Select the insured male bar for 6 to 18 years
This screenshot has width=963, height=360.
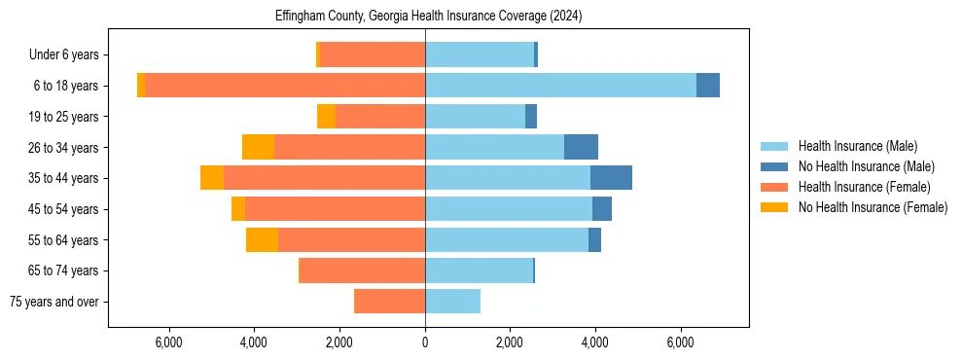[560, 86]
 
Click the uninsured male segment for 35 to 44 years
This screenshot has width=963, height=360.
[611, 178]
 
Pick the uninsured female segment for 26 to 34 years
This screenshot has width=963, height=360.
[258, 147]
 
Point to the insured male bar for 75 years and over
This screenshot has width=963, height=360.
[452, 302]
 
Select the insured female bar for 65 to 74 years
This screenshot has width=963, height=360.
[362, 270]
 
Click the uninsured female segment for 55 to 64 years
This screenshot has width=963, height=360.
[262, 239]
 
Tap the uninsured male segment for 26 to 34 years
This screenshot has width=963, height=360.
[581, 147]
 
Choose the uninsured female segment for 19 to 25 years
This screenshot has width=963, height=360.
[326, 117]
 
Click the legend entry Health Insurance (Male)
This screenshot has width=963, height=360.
[857, 146]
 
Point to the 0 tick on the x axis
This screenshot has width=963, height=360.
[425, 342]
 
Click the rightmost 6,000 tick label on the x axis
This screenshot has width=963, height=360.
[680, 342]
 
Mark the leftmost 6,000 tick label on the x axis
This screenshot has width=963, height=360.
[169, 342]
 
